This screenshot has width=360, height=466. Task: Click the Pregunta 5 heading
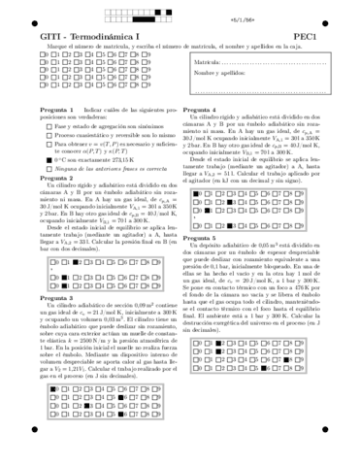[x=204, y=236]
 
